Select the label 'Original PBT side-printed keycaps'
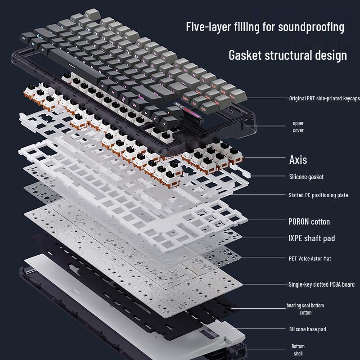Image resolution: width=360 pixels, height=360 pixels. [324, 98]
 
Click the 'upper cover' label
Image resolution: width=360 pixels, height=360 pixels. [298, 126]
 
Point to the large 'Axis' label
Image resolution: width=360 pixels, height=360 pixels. [298, 159]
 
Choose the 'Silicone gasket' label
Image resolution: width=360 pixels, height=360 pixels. [306, 177]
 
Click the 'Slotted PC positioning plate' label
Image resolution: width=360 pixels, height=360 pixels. [318, 195]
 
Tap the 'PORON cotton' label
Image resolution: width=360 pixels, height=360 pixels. [309, 221]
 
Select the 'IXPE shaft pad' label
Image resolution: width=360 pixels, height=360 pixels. [311, 238]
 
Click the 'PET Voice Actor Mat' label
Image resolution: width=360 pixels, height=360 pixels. [310, 259]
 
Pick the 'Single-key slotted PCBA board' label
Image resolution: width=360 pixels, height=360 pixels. [321, 284]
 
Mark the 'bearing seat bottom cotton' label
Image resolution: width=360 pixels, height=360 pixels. [305, 309]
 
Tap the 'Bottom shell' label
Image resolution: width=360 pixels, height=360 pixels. [297, 350]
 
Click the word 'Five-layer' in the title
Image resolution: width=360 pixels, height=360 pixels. [207, 27]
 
